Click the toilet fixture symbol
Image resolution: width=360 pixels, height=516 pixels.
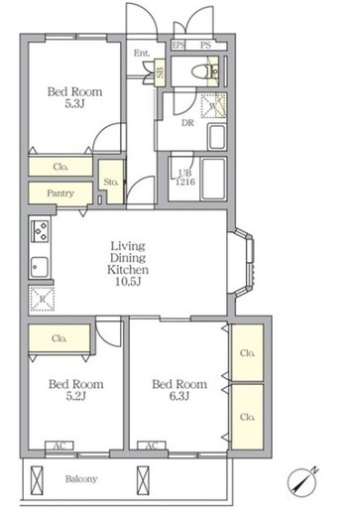coord(200,71)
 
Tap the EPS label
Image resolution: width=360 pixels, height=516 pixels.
coord(179,45)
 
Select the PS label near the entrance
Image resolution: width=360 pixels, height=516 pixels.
coord(205,45)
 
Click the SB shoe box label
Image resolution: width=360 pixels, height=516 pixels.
coord(160,72)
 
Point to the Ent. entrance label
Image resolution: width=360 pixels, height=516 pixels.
coord(142,53)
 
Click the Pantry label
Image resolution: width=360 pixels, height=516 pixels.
coord(60,193)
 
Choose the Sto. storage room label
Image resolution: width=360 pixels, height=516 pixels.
coord(111,182)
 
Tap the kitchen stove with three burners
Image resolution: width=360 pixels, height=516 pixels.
coord(40,230)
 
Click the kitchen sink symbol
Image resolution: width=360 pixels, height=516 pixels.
coord(40,267)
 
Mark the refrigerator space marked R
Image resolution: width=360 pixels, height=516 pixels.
coord(43,299)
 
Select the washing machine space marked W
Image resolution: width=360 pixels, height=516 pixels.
coord(214,106)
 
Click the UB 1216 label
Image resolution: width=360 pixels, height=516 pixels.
coord(185,178)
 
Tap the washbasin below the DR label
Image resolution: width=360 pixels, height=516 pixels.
coord(217,137)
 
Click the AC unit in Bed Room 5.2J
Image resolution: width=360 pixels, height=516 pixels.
coord(60,446)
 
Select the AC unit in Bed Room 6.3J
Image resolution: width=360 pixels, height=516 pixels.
coord(152,446)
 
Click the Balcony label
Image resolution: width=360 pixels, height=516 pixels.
coord(81,479)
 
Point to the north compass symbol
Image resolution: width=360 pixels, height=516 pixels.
coord(302,481)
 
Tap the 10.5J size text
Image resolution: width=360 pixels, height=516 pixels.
coord(128,282)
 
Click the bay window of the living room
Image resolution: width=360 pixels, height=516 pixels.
coord(244,261)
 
